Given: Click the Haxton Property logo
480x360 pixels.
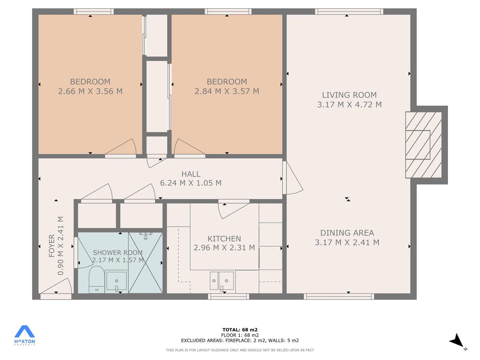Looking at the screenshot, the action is point(24,335).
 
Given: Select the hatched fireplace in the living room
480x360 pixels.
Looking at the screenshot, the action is point(423,145).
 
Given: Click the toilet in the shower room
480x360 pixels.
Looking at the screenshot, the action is point(97,279).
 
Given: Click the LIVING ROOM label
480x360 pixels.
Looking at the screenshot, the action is point(349,95).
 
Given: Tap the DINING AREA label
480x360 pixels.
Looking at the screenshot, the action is point(347,233).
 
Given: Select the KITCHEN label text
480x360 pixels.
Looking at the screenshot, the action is point(224,239).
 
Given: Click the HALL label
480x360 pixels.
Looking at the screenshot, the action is point(191,174).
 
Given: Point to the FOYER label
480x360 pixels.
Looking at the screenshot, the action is point(52,245).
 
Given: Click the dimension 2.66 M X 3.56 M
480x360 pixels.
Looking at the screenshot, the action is point(90,91).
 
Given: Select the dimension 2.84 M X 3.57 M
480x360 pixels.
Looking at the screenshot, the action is point(227,91).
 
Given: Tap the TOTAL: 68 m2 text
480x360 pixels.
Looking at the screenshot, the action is point(240,330).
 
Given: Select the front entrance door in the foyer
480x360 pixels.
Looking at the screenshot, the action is point(56,287).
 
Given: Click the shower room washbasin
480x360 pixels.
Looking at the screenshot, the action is point(116,281).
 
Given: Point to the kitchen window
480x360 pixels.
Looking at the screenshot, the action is point(228,296).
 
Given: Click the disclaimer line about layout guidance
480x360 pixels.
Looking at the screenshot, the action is point(240,350).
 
